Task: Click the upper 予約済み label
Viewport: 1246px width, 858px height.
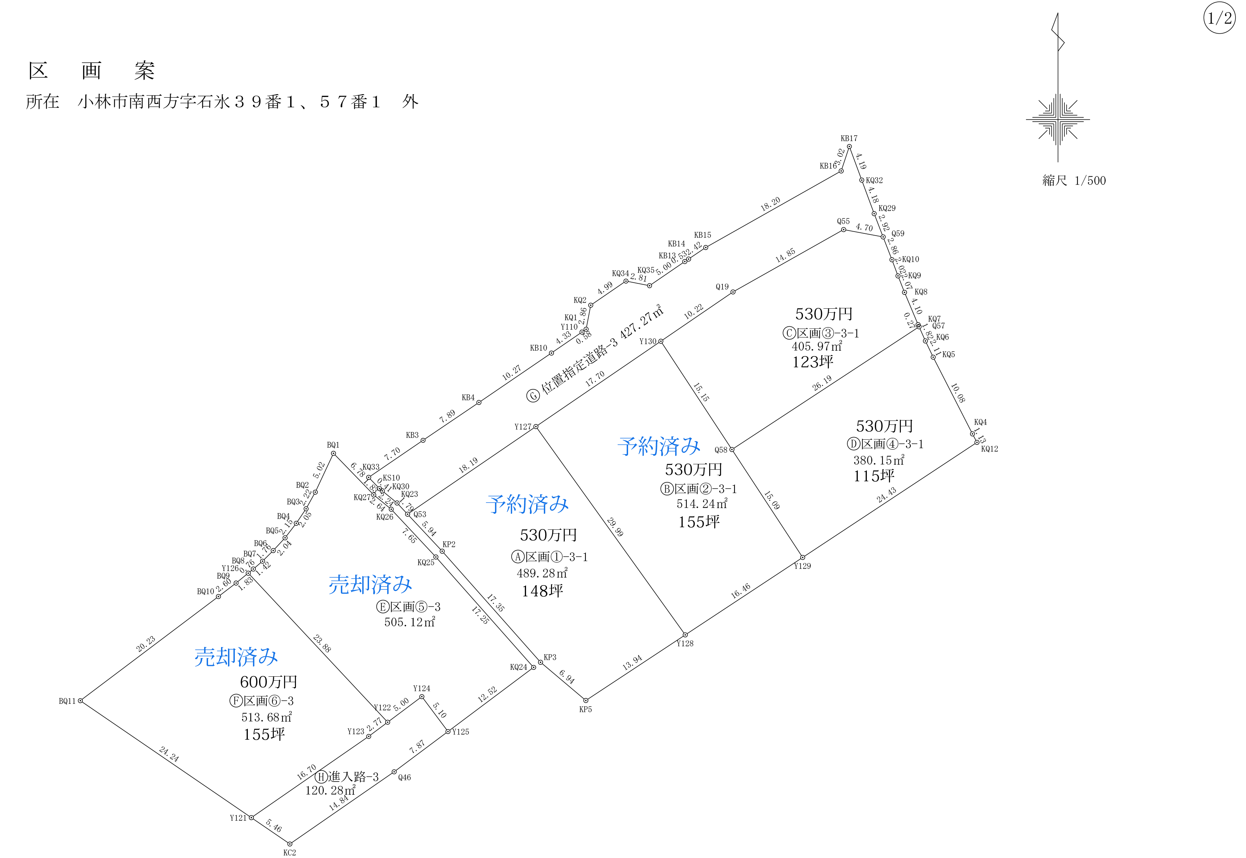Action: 659,446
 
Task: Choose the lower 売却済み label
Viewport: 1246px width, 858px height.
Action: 236,657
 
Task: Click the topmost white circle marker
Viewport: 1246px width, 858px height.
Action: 849,146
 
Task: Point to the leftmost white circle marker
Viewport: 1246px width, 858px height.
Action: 80,701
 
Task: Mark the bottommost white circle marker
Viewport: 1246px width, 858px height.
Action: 290,844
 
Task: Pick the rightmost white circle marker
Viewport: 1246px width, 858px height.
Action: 977,443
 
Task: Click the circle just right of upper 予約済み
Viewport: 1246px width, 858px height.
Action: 732,449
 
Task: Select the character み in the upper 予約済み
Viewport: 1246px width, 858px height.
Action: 690,446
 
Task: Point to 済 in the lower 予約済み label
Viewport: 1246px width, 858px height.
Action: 538,504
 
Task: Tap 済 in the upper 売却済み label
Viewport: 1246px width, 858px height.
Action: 381,584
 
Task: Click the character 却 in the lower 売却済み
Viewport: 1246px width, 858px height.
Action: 225,657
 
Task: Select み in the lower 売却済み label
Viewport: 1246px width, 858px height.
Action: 267,657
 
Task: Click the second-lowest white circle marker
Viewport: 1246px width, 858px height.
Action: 251,818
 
